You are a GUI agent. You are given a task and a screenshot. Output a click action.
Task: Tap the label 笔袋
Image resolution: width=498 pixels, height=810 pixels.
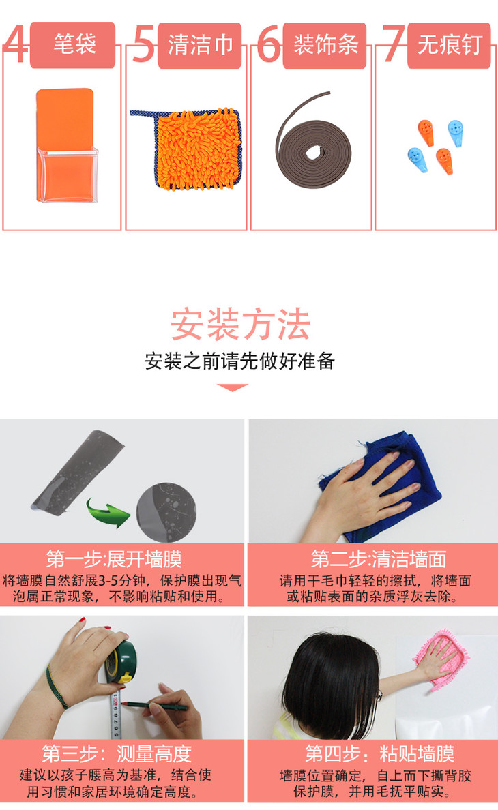tap(75, 44)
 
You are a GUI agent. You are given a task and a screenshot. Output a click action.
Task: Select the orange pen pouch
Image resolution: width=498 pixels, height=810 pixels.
tap(67, 145)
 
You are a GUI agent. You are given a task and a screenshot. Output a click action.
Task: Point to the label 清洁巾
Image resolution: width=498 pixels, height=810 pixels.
tap(201, 44)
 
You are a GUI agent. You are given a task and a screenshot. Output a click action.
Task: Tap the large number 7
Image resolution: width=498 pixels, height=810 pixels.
tap(394, 44)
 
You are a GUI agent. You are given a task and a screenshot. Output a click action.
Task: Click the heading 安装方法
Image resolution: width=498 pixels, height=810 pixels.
tap(240, 325)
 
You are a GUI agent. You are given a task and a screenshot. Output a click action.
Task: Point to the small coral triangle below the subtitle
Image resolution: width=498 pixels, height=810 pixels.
tap(233, 387)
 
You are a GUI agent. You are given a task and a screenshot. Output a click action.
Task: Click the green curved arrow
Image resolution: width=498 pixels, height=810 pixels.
tap(108, 513)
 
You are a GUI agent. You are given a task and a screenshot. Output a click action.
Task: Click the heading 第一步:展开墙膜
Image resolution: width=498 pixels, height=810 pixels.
tap(114, 560)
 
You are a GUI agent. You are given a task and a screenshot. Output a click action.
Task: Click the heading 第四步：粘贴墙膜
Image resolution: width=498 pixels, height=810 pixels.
tap(380, 753)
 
